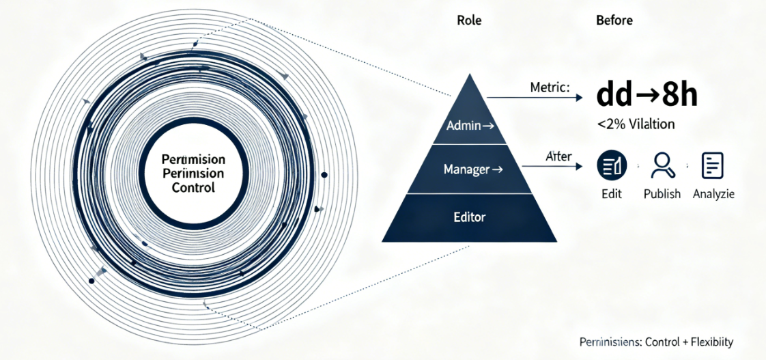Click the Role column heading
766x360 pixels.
468,20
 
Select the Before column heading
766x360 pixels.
614,20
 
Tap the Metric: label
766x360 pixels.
550,88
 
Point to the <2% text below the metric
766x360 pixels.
608,124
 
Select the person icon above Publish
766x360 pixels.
662,165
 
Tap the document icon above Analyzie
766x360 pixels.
713,165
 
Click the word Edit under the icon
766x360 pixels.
612,194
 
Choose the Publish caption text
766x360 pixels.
662,194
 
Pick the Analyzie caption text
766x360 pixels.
713,194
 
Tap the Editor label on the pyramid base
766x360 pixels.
469,217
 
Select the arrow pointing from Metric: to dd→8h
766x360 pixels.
539,98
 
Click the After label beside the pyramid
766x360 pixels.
558,156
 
